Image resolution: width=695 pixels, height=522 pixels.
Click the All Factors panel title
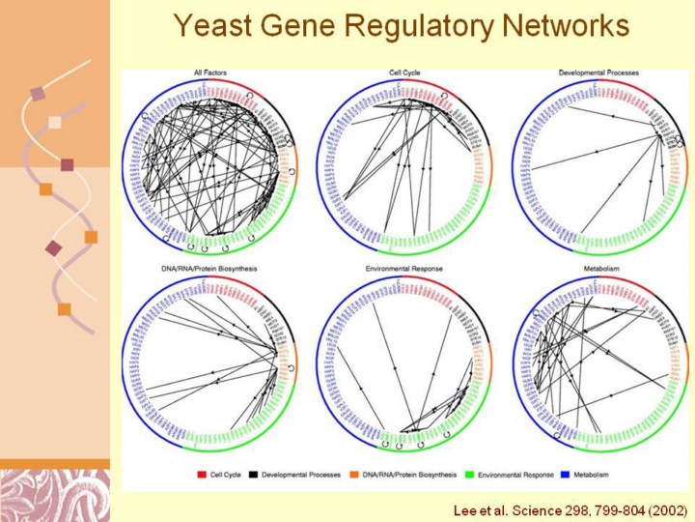tap(207, 72)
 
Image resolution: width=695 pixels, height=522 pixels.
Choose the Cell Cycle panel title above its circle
tap(403, 72)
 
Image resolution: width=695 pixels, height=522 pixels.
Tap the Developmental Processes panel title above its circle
tap(598, 72)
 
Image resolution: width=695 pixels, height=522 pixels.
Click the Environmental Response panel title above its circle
tap(403, 268)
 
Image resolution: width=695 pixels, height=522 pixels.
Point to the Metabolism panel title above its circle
tap(598, 268)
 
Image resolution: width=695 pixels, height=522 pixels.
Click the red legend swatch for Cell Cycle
tap(202, 475)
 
